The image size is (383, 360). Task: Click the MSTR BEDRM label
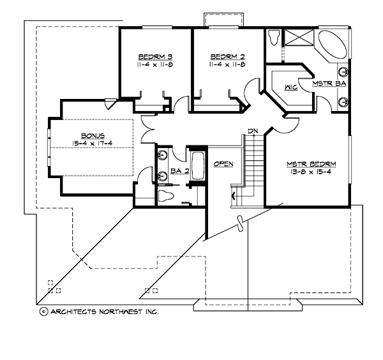(x=311, y=163)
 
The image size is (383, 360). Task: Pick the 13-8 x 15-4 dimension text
(x=311, y=172)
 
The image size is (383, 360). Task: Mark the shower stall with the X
(x=298, y=37)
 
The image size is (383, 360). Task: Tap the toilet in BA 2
(x=167, y=195)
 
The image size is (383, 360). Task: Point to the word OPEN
(x=223, y=164)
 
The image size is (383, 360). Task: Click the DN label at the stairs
(x=253, y=131)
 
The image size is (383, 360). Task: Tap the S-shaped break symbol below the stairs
(x=241, y=223)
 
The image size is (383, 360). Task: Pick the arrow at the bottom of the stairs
(x=234, y=195)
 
